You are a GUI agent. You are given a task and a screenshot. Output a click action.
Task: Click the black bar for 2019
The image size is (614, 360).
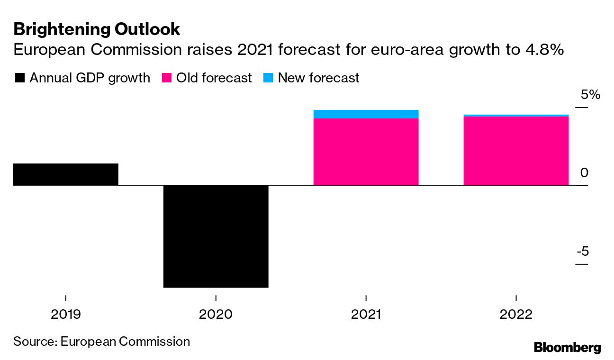[x=65, y=174]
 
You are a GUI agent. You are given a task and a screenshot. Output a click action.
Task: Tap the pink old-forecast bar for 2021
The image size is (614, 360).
[x=366, y=152]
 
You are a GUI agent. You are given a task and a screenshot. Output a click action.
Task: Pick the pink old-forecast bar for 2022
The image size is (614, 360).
[x=515, y=151]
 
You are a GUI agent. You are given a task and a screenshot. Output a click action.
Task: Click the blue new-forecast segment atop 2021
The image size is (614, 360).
[x=366, y=114]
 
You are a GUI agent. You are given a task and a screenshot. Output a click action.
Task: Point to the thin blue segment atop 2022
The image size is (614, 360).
[x=515, y=115]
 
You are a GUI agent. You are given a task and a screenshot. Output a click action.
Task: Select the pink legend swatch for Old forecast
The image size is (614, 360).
[x=167, y=78]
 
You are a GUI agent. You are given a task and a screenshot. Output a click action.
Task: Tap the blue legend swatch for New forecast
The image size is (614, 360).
[x=268, y=78]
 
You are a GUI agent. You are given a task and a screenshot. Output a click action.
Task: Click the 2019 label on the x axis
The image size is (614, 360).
[x=65, y=315]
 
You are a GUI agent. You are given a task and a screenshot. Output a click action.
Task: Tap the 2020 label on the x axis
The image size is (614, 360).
[x=216, y=315]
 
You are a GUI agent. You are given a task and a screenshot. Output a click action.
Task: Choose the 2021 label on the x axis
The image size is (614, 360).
[x=366, y=315]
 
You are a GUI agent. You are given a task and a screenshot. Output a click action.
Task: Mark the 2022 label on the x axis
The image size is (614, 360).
[x=515, y=315]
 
